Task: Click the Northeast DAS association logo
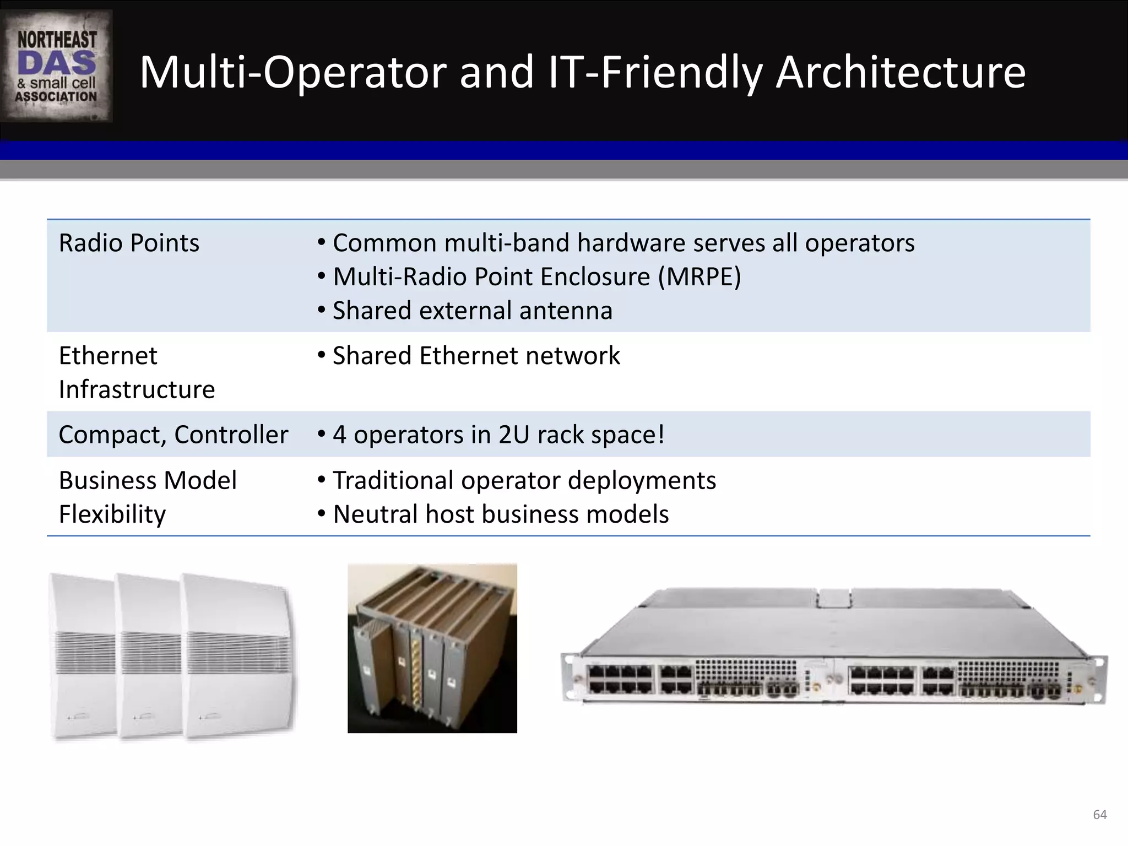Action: coord(56,66)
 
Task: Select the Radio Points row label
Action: coord(129,243)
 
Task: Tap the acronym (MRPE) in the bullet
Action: coord(699,276)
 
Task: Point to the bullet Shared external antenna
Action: coord(472,311)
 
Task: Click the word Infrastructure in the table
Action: coord(137,389)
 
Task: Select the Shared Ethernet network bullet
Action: coord(476,356)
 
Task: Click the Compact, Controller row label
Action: coord(173,435)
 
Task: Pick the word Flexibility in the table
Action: coord(112,514)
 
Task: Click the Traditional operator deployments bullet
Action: coord(524,480)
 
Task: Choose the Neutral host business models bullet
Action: coord(500,514)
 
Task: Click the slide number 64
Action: coord(1099,815)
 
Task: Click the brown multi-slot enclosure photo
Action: coord(432,648)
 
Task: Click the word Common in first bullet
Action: coord(384,243)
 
